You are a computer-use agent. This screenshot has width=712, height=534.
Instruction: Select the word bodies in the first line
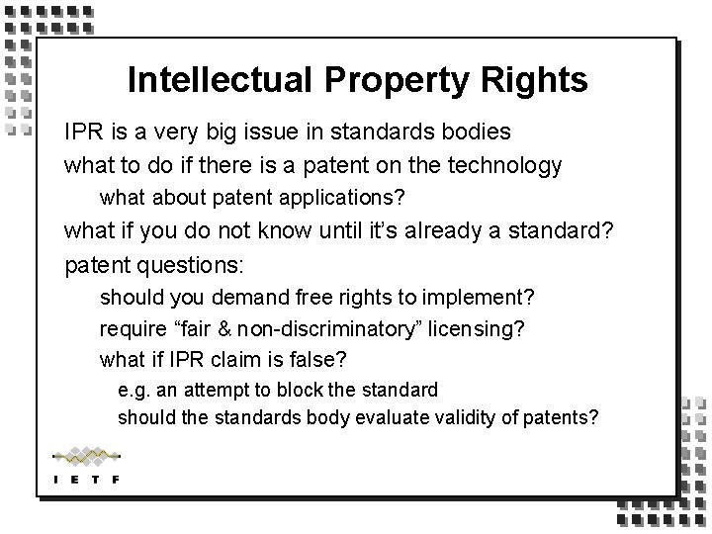pyautogui.click(x=478, y=132)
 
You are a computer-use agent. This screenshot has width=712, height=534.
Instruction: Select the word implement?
pyautogui.click(x=481, y=298)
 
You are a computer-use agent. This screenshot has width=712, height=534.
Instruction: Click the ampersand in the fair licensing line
pyautogui.click(x=232, y=327)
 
